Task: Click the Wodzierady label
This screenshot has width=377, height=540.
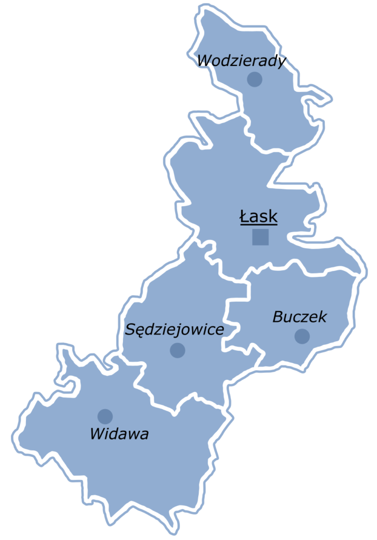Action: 241,61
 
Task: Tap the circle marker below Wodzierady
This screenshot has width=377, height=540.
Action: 255,80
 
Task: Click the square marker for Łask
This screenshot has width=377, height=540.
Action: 260,237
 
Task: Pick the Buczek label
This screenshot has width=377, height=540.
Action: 299,317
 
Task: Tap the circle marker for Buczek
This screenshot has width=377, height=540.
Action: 302,336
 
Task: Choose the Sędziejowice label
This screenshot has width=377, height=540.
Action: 174,330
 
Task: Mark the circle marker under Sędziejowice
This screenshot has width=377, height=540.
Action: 178,350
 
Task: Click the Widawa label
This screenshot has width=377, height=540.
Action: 119,435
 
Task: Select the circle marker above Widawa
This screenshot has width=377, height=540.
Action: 105,416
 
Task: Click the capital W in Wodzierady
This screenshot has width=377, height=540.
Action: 204,61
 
